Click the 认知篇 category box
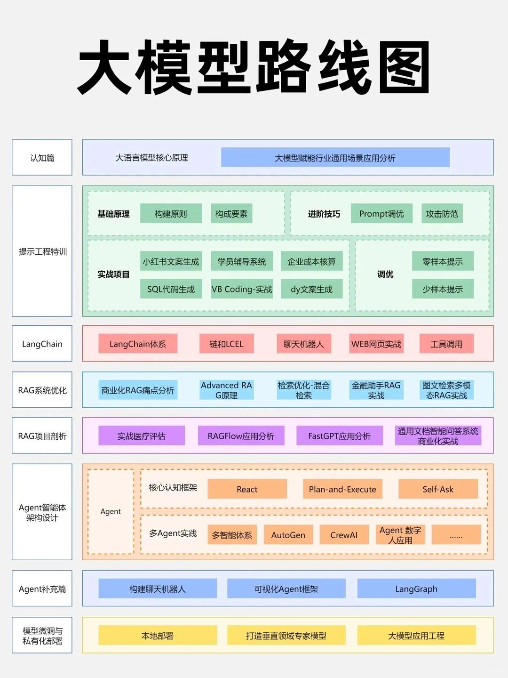click(42, 158)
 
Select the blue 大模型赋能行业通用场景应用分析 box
click(335, 158)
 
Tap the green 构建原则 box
click(171, 214)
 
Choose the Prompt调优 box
click(381, 214)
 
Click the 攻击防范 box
click(442, 214)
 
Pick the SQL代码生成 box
click(171, 289)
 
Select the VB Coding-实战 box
click(242, 289)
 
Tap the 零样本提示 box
click(443, 261)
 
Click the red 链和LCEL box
click(226, 344)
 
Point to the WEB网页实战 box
click(376, 344)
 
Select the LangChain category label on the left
click(42, 344)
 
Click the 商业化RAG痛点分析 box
click(138, 390)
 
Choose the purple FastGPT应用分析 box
click(339, 436)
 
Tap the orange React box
click(247, 489)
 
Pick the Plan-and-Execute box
click(342, 489)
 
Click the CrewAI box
click(344, 535)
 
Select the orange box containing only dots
click(456, 535)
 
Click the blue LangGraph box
click(416, 589)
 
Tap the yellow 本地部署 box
click(158, 636)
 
